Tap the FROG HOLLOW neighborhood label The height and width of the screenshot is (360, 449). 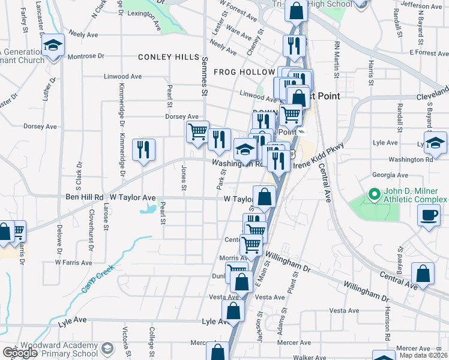pyautogui.click(x=244, y=72)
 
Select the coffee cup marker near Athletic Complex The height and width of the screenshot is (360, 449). pyautogui.click(x=429, y=215)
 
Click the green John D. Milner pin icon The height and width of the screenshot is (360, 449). pyautogui.click(x=373, y=194)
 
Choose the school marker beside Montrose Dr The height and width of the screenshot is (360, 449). pyautogui.click(x=53, y=46)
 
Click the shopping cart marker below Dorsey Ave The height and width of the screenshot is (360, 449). pyautogui.click(x=197, y=131)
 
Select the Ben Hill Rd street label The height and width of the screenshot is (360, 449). pyautogui.click(x=84, y=197)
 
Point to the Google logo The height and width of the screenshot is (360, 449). pyautogui.click(x=20, y=353)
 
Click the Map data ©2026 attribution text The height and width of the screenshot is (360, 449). pyautogui.click(x=424, y=355)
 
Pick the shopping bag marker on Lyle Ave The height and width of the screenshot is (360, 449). pyautogui.click(x=233, y=311)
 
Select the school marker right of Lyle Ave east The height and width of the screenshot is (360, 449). pyautogui.click(x=435, y=143)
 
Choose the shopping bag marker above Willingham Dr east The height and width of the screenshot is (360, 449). pyautogui.click(x=424, y=273)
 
